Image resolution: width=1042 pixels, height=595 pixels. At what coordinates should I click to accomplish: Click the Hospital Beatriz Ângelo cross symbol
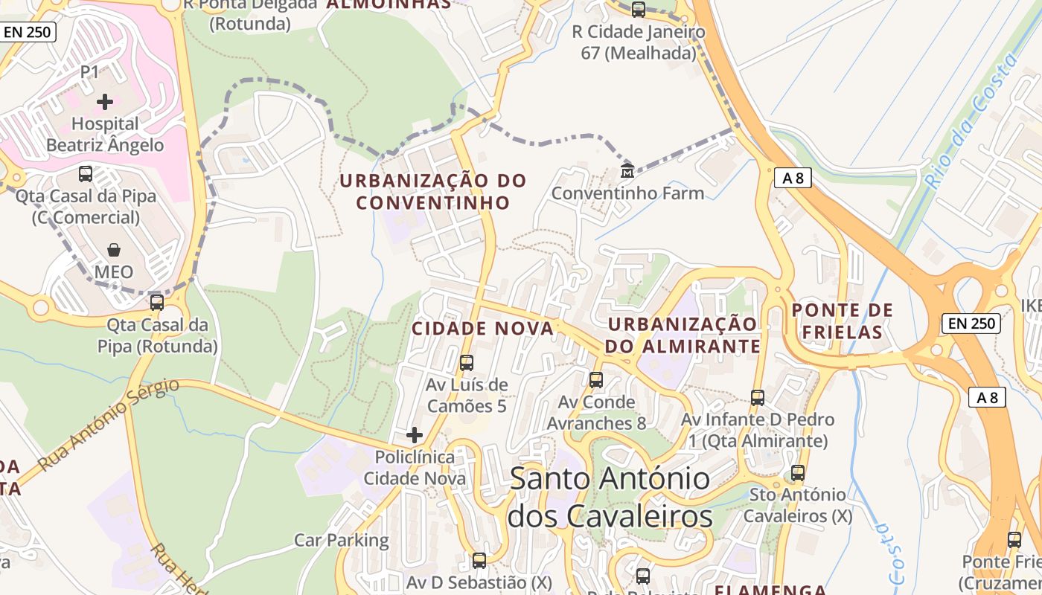pos(105,101)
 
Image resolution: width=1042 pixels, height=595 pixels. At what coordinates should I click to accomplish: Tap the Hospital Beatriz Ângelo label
pos(105,134)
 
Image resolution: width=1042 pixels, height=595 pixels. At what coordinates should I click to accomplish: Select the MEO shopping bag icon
pos(114,249)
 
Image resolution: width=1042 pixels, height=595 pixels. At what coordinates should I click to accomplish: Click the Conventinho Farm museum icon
pos(627,171)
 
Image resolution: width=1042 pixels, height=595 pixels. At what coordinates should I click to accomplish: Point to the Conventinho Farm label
pos(627,193)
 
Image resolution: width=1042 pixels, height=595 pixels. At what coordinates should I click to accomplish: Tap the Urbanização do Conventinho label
pos(432,191)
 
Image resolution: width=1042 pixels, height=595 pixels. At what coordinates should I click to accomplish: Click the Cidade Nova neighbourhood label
pos(482,328)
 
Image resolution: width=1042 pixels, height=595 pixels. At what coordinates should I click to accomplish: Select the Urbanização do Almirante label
pos(683,335)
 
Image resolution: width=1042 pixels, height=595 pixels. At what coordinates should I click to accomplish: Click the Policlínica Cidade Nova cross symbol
pos(415,434)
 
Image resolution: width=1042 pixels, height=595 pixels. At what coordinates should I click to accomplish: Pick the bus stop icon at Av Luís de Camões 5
pos(467,363)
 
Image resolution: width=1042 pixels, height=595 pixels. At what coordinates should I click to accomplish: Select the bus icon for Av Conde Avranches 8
pos(596,380)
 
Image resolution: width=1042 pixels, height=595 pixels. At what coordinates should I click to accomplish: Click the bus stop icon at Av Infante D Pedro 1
pos(758,398)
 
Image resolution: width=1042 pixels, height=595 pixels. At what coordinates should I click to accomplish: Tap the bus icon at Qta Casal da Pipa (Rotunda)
pos(157,303)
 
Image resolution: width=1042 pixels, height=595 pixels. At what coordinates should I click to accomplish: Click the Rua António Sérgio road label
pos(109,424)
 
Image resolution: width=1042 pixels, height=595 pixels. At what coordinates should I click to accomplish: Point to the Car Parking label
pos(342,540)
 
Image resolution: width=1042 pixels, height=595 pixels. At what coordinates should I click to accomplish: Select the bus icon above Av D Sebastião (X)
pos(479,560)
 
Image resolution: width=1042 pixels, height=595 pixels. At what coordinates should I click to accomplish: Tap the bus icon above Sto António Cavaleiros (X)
pos(798,472)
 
